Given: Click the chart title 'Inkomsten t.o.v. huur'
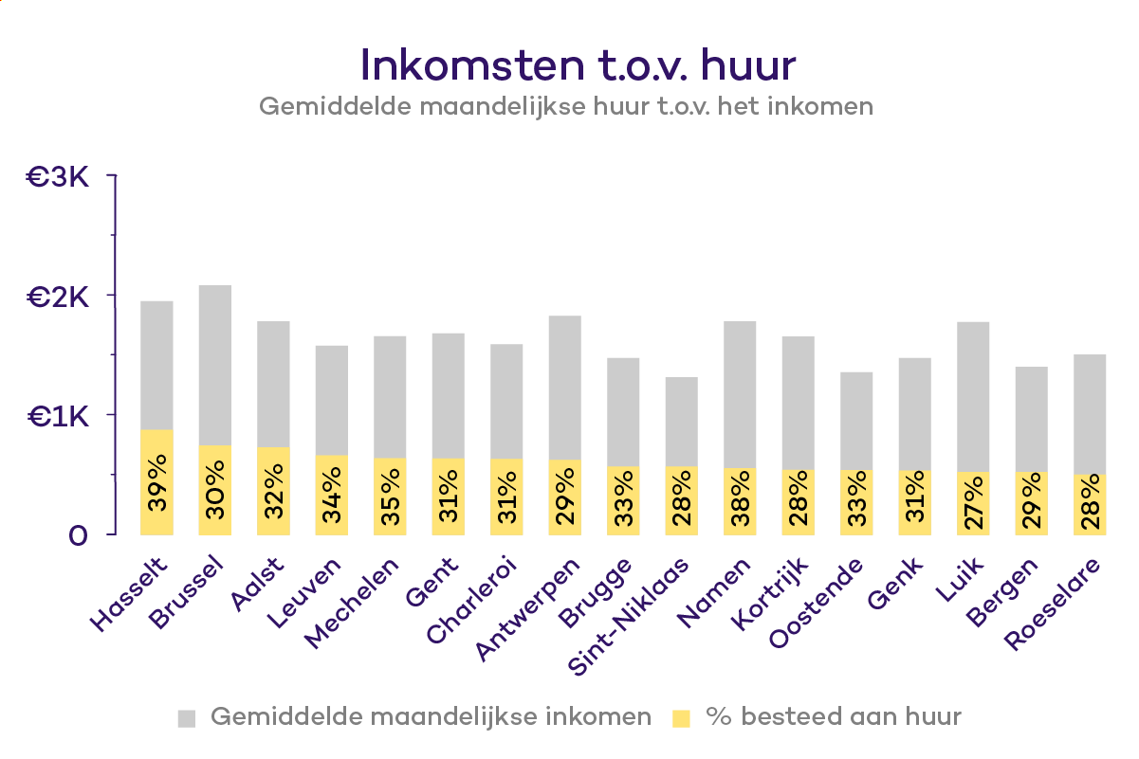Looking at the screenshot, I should (578, 63).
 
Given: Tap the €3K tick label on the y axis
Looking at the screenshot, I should (58, 176).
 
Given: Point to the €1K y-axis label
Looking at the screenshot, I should (58, 416).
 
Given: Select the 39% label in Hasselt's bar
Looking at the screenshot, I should (157, 483).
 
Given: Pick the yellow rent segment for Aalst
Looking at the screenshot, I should (274, 491).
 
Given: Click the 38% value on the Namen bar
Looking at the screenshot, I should (741, 498).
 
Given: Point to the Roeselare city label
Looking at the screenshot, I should (1055, 605).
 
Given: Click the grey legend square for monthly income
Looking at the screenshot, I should (187, 717).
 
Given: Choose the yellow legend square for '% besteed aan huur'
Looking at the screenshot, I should (681, 717).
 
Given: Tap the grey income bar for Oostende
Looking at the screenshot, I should (857, 421).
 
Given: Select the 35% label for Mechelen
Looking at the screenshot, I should (391, 495).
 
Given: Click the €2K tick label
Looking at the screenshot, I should (58, 297).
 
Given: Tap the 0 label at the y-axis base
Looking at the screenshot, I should (78, 535).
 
